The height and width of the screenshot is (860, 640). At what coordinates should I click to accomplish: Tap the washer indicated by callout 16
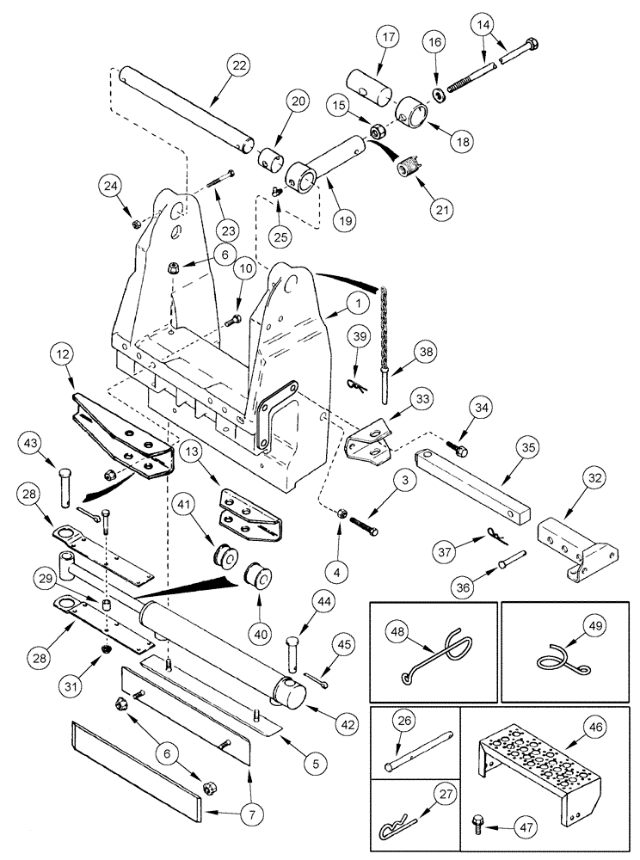[x=440, y=92]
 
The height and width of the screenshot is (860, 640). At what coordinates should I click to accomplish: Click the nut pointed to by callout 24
[x=136, y=224]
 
